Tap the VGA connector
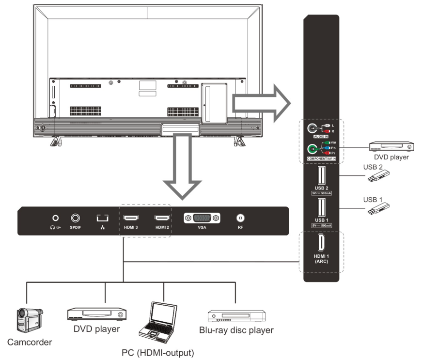pyautogui.click(x=202, y=219)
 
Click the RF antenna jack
pyautogui.click(x=240, y=219)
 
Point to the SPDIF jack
pyautogui.click(x=76, y=219)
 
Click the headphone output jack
pyautogui.click(x=56, y=219)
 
